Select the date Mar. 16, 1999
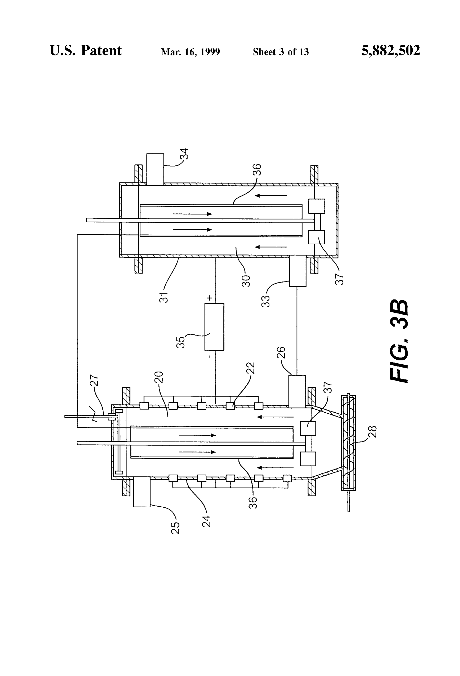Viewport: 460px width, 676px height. tap(191, 52)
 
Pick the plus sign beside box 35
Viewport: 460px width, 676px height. tap(210, 298)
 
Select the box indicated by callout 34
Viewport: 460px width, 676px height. tap(155, 169)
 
